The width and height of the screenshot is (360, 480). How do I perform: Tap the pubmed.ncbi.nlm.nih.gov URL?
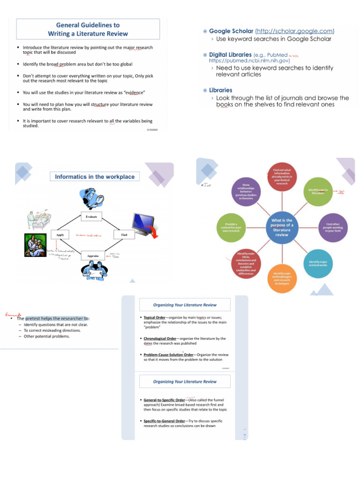click(x=249, y=60)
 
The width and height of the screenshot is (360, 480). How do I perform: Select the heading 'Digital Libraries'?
click(x=230, y=54)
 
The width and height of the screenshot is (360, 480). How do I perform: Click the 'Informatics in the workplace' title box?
click(x=95, y=177)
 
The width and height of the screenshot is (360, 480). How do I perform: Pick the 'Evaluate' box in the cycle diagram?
click(x=91, y=217)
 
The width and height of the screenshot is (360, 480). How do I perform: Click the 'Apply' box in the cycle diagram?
click(x=60, y=234)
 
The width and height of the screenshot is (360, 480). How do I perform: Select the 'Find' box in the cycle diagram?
click(x=124, y=234)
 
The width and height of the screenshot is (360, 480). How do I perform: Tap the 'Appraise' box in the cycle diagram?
click(x=92, y=256)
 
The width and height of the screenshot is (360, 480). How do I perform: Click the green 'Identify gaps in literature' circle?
click(x=318, y=191)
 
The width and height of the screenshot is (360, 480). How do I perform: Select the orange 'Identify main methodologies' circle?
click(x=282, y=278)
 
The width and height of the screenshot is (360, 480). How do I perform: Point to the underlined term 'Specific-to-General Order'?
click(x=164, y=421)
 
